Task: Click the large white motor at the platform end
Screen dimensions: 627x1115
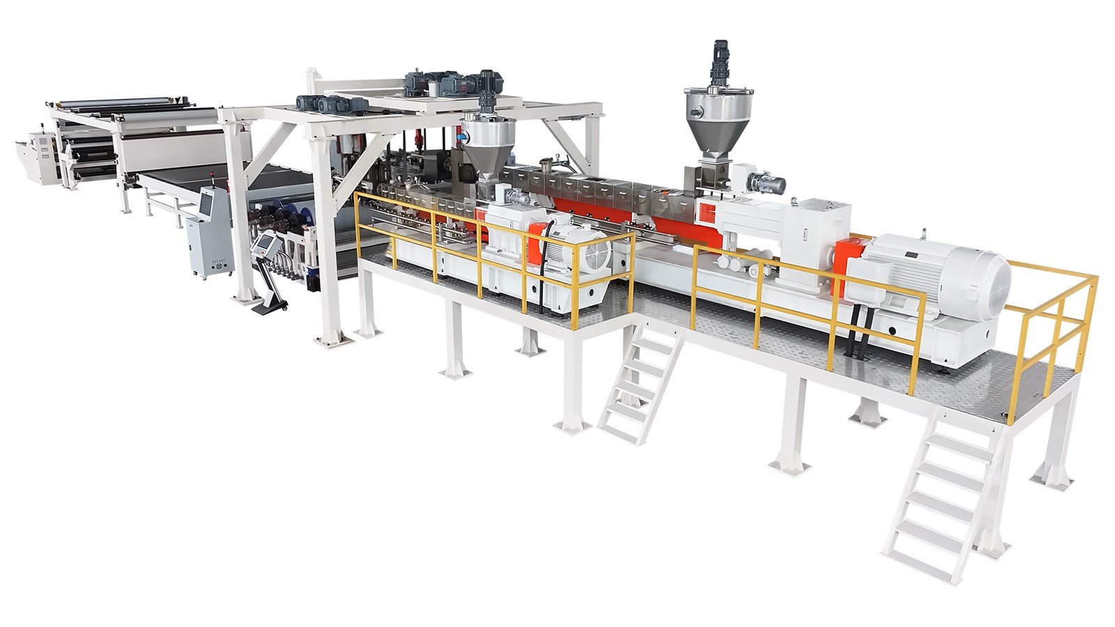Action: point(934,275)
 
